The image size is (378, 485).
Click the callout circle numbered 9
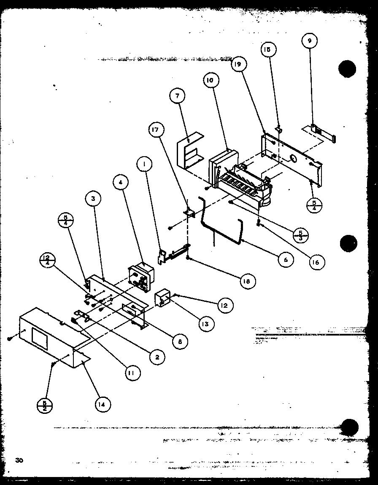pyautogui.click(x=310, y=41)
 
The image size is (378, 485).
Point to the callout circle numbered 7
pyautogui.click(x=177, y=96)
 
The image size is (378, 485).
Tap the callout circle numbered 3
pyautogui.click(x=93, y=199)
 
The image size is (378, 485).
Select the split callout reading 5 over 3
pyautogui.click(x=300, y=235)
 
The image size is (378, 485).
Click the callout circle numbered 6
pyautogui.click(x=285, y=260)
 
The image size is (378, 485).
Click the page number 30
pyautogui.click(x=19, y=460)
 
